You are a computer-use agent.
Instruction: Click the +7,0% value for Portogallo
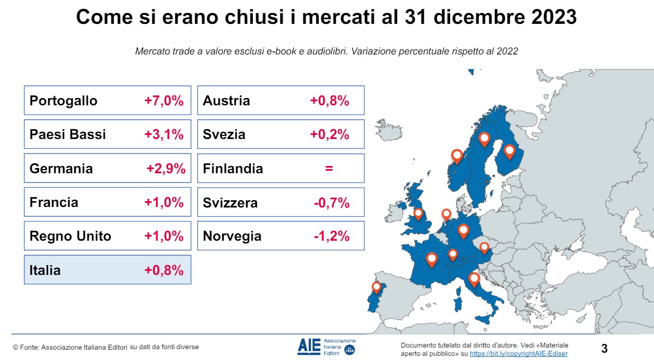(x=163, y=101)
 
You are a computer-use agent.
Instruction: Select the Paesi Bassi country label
(x=67, y=135)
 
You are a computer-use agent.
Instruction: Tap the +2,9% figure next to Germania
(x=166, y=169)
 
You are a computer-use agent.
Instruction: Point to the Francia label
(x=54, y=202)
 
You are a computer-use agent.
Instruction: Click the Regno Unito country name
(x=70, y=237)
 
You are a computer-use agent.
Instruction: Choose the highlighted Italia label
(x=45, y=270)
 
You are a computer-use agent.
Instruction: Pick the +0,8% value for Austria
(x=329, y=101)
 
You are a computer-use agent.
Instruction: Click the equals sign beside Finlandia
(x=329, y=169)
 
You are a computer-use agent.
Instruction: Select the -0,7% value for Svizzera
(x=331, y=203)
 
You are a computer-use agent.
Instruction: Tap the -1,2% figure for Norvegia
(x=331, y=237)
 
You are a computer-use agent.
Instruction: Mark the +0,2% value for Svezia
(x=329, y=135)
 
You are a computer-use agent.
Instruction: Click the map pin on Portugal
(x=376, y=287)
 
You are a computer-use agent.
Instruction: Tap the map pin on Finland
(x=509, y=150)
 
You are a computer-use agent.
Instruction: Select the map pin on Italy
(x=473, y=279)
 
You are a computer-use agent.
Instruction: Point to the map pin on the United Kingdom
(x=418, y=213)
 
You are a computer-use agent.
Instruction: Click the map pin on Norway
(x=457, y=155)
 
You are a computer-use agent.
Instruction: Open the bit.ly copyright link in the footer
(x=519, y=353)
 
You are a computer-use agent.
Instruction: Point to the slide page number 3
(x=604, y=349)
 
